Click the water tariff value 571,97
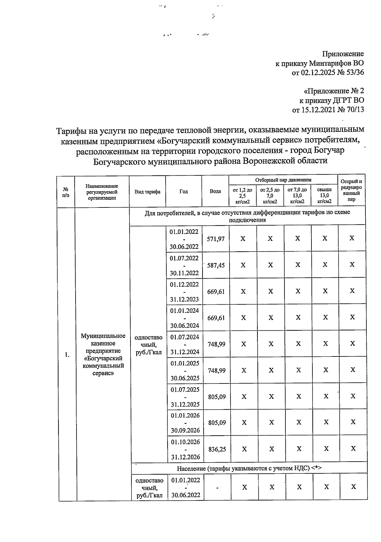(216, 239)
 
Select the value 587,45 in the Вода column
(216, 265)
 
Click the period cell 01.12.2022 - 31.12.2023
(184, 292)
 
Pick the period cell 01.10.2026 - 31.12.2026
(185, 449)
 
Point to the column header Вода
(215, 191)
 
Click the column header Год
(184, 191)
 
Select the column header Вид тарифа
(147, 192)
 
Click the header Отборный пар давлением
(283, 180)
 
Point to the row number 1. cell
(67, 355)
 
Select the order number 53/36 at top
(355, 72)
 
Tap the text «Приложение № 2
(334, 91)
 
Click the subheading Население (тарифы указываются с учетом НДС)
(249, 468)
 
